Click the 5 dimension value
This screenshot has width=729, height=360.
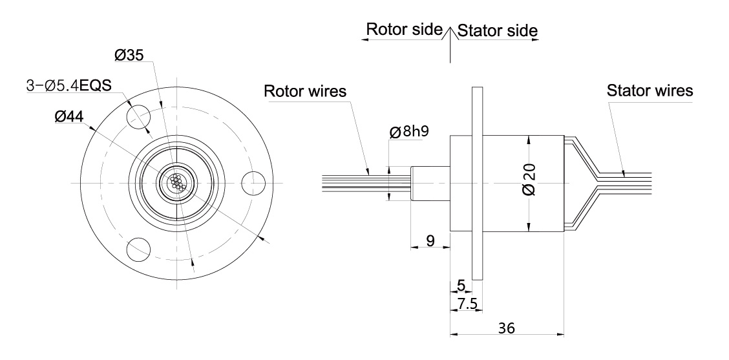(461, 285)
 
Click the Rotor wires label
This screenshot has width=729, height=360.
(305, 91)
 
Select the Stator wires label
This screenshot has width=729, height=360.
(650, 90)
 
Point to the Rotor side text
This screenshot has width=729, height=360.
(404, 30)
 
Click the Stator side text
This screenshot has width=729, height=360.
(497, 30)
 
